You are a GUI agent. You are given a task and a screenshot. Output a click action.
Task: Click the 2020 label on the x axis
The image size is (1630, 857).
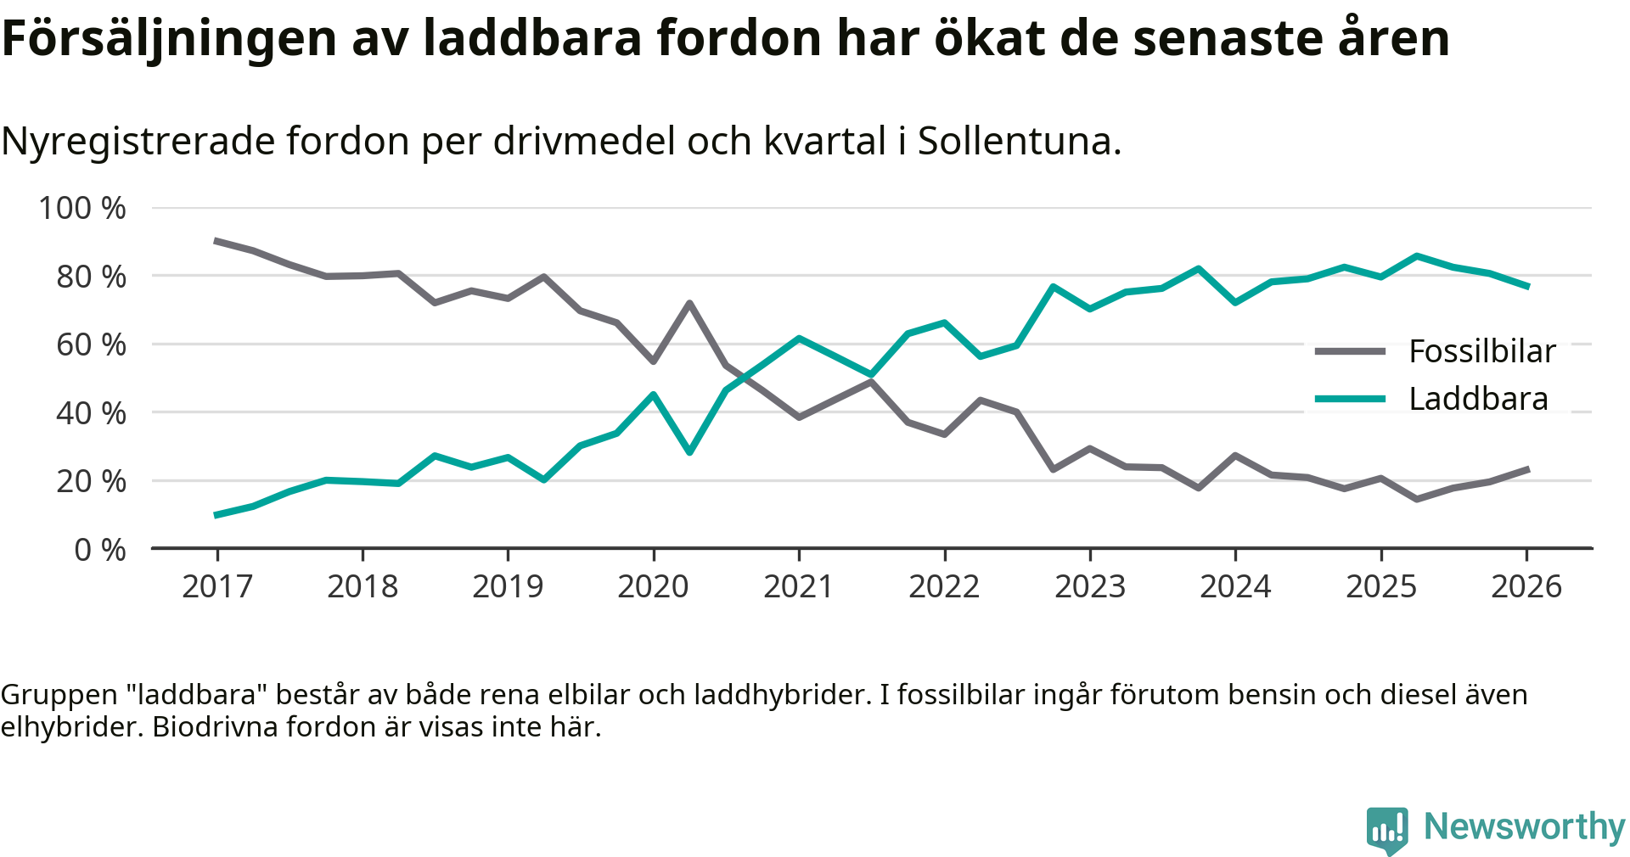coord(653,586)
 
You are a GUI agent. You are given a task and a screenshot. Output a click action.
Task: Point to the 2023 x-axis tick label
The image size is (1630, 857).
coord(1090,586)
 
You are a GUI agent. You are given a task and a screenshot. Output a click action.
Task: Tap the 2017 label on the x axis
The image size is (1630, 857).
coord(217,586)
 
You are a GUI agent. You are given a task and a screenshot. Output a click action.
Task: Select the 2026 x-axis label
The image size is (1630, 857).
coord(1526,586)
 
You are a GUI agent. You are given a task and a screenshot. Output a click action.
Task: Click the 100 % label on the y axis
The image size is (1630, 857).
coord(82,208)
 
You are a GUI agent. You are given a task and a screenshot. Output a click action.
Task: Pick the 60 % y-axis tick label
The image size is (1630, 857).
coord(91,344)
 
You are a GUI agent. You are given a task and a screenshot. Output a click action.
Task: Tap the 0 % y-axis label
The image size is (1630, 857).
coord(100,550)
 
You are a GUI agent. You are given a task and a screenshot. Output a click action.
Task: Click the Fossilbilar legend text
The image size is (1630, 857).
coord(1482,351)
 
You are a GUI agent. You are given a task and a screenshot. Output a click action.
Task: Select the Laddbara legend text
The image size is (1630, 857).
coord(1478,399)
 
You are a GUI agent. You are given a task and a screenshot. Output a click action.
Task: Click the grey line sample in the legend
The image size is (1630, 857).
coord(1350,351)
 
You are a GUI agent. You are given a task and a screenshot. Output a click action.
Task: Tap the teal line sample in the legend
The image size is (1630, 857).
coord(1350,399)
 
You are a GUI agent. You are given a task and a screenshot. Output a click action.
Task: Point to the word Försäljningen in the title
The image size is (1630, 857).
coord(170,38)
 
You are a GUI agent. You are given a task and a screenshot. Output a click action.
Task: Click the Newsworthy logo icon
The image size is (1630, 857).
coord(1387,829)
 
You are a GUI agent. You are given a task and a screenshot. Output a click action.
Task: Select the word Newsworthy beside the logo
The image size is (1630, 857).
coord(1524,826)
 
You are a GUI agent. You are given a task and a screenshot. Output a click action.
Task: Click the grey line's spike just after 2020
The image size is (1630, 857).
coord(689,303)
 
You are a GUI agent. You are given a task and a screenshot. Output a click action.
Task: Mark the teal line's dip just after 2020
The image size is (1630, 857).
coord(689,452)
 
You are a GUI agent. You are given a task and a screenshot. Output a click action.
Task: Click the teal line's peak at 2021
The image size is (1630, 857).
coord(799,338)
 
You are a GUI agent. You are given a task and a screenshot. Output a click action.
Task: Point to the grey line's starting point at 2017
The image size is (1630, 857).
coord(217,241)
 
